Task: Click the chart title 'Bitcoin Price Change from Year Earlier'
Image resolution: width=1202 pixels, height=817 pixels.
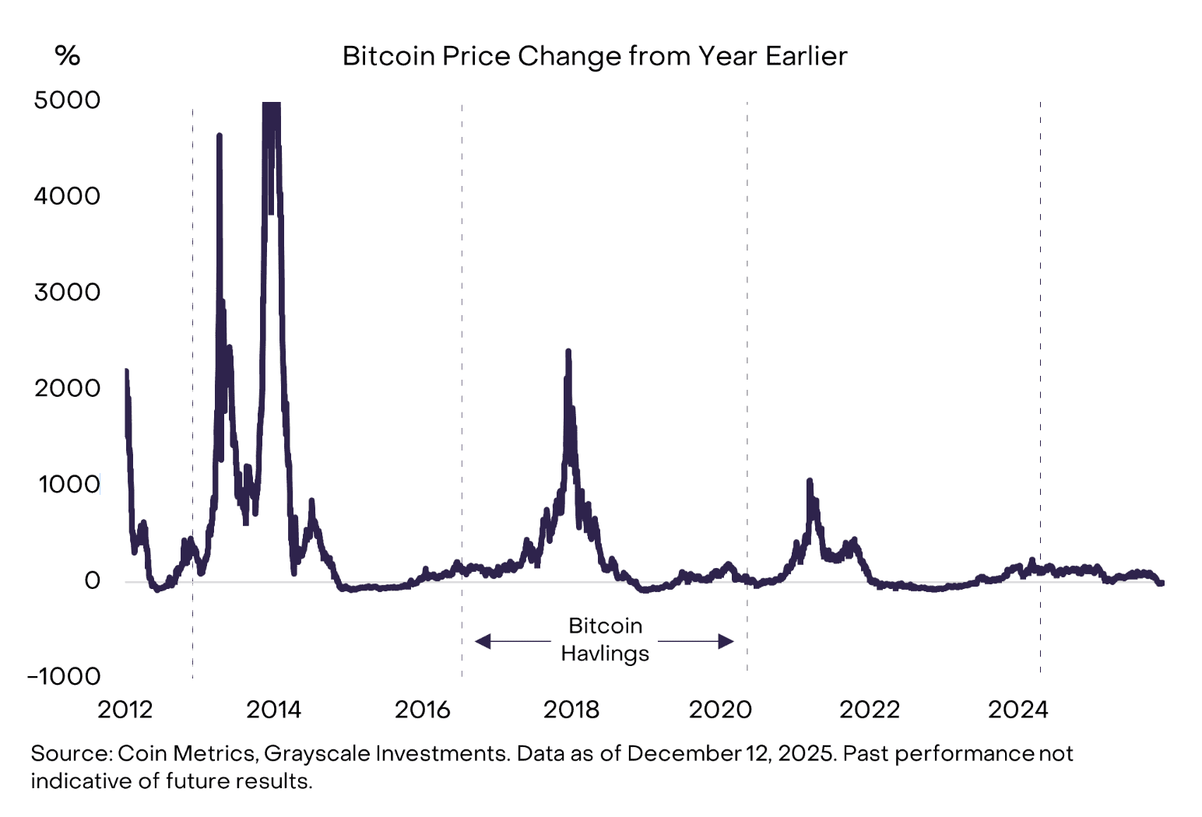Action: (594, 56)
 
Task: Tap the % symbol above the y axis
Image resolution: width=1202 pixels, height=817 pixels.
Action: (68, 55)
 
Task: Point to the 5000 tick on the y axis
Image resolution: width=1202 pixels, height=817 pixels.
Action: (67, 100)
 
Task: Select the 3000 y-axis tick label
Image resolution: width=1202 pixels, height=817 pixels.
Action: (67, 293)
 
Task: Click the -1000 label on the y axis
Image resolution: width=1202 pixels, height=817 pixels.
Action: (64, 676)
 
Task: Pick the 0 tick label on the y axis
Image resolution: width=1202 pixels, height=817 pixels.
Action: (93, 580)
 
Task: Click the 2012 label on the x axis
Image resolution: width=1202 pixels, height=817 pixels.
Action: (125, 710)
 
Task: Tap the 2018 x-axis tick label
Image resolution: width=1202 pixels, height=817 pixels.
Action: (571, 710)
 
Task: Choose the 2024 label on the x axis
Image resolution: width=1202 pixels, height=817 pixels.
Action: (1017, 710)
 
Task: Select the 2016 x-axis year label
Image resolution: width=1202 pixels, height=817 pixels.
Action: (423, 710)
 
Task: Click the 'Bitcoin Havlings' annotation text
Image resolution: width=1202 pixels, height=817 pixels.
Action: (605, 640)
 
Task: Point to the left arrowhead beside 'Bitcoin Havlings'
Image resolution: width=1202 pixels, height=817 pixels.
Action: (483, 641)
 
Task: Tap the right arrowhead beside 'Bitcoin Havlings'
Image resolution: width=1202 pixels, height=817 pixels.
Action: (726, 641)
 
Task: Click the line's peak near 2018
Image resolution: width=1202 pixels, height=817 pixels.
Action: (568, 352)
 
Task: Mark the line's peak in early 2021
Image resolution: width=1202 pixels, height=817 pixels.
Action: (810, 481)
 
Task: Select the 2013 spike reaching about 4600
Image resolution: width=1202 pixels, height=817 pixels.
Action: (220, 136)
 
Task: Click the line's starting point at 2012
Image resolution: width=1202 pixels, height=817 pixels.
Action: (126, 372)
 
